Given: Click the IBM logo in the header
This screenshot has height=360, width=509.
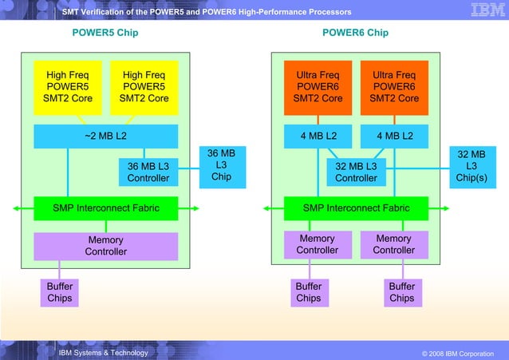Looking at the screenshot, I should [x=482, y=11].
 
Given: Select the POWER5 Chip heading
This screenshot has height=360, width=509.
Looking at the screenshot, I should [x=105, y=33].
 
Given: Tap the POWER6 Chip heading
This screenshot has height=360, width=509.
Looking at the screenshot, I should [x=355, y=33].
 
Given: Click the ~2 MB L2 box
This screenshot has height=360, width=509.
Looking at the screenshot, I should [x=105, y=136].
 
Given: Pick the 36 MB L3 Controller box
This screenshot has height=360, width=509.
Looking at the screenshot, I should [x=148, y=172].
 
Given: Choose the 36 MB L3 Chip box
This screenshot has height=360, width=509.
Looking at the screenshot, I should [x=221, y=164].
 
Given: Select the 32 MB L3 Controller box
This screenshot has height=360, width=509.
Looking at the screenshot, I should [x=356, y=172].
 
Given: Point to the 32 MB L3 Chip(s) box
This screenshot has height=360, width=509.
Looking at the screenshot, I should [x=471, y=164].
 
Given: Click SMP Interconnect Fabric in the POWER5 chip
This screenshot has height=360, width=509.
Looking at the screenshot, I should [x=105, y=208].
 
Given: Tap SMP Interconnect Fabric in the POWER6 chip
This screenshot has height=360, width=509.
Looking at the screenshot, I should [x=356, y=208].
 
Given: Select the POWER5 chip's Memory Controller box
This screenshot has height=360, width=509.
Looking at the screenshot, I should [x=105, y=246].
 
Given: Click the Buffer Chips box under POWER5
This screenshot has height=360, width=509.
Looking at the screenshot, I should [x=59, y=292].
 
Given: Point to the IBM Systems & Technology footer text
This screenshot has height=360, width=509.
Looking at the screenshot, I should [x=103, y=353].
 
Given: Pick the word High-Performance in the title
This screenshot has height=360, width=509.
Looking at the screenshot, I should [x=270, y=12].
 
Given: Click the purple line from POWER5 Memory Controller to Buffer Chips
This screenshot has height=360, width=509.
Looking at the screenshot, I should [x=59, y=269].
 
